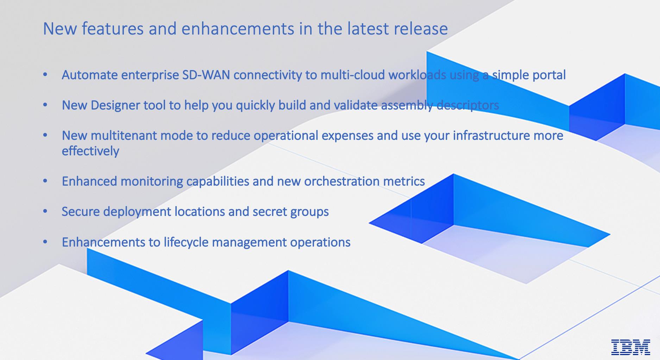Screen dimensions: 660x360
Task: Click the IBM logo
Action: click(631, 347)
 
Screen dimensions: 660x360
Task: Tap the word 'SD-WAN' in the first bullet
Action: click(206, 75)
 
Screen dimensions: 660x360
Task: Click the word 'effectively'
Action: click(90, 151)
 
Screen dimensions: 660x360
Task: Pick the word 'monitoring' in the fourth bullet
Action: click(152, 181)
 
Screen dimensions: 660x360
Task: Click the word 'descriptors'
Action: click(468, 105)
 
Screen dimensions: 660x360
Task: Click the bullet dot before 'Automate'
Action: click(45, 75)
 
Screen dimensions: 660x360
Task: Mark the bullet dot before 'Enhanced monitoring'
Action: click(45, 181)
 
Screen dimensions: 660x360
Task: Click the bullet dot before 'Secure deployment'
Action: click(45, 211)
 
